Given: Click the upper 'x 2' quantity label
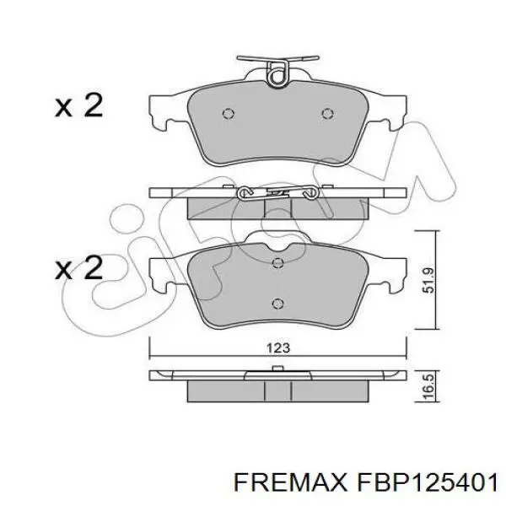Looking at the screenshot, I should point(78,106).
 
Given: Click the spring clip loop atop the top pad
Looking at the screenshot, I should point(276,77).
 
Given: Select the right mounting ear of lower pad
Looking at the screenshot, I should point(390,270).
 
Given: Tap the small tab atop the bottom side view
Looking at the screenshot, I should point(276,368).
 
